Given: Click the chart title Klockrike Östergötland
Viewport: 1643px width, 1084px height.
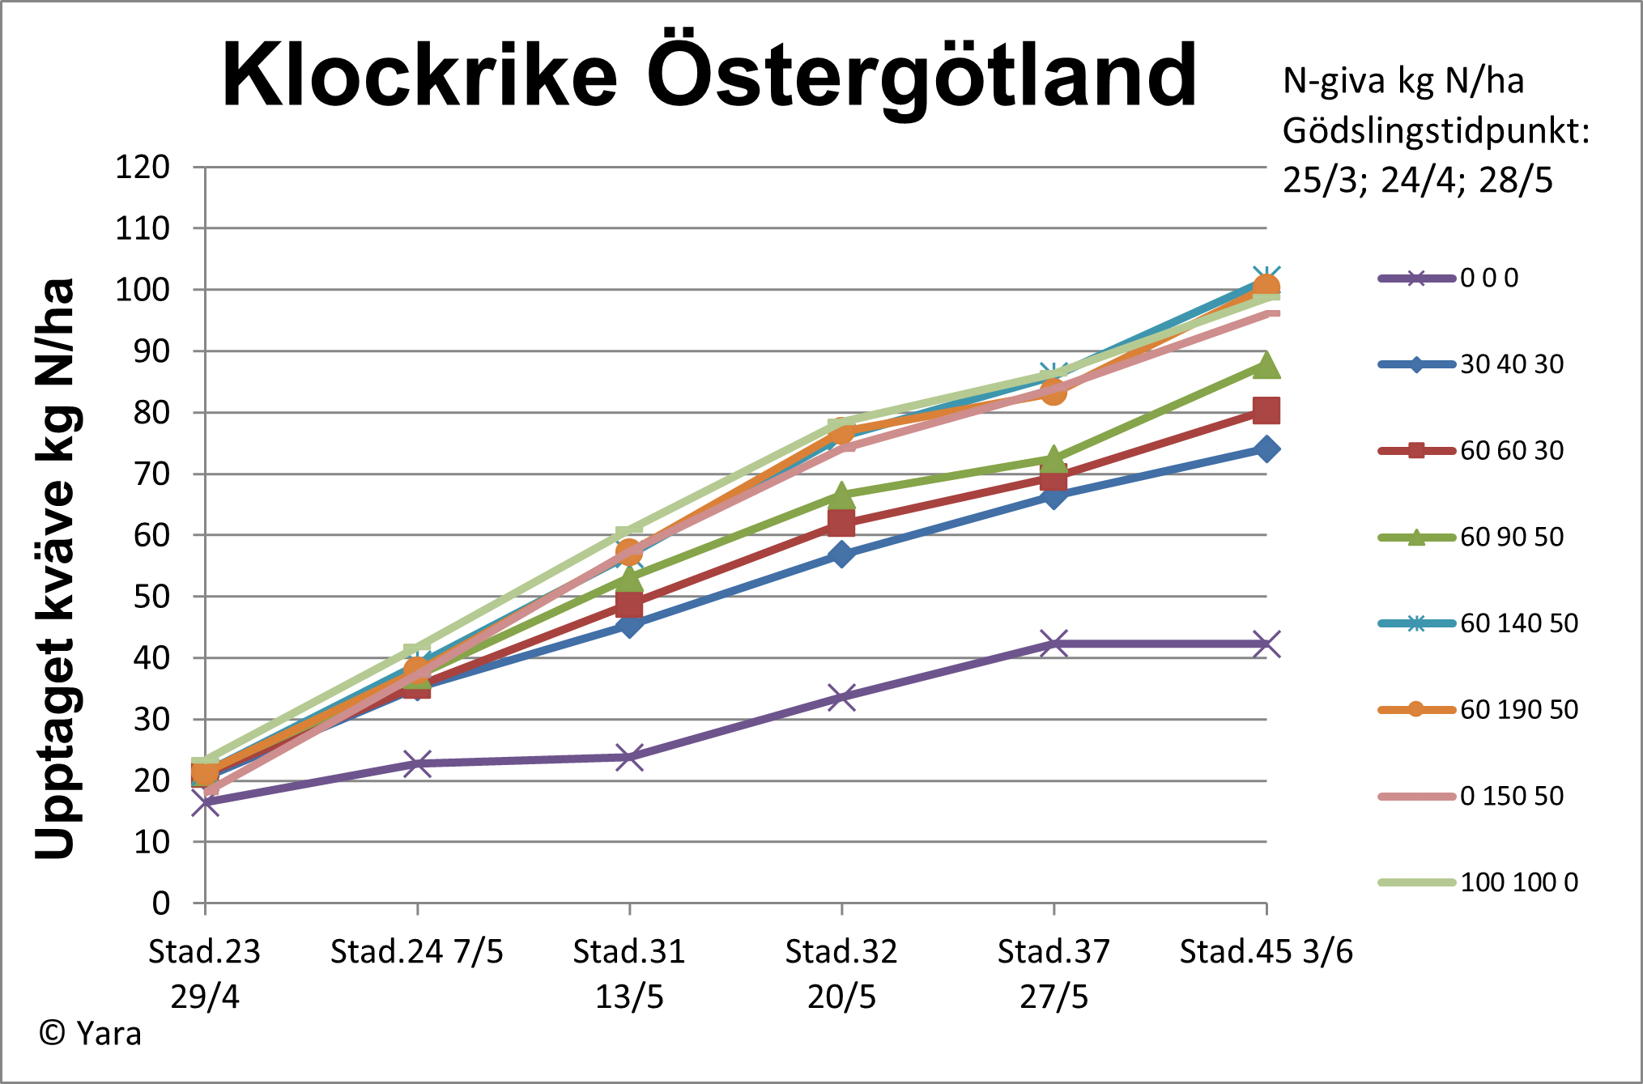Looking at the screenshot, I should [x=709, y=74].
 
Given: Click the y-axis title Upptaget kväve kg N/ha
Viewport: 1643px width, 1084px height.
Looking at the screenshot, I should [x=55, y=568].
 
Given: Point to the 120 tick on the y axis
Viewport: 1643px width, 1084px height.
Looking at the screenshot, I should [x=143, y=167].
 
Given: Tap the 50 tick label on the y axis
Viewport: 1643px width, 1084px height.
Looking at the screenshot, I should [x=151, y=597].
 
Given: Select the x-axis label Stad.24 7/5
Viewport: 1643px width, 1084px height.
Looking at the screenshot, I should [x=416, y=951].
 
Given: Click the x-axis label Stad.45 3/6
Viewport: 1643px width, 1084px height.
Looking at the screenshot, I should [x=1266, y=951].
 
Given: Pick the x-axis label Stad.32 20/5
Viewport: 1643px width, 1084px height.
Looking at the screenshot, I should [x=841, y=973].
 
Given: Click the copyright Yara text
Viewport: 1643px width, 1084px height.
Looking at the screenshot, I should [x=91, y=1034].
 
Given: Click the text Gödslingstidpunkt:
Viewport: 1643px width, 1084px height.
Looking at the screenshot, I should [x=1436, y=131].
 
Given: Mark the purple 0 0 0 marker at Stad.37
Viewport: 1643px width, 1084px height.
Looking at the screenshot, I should [x=1053, y=644].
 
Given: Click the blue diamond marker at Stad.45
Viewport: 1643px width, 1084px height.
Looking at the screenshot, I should [x=1266, y=448].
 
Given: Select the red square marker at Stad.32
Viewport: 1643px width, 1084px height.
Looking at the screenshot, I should [x=841, y=523].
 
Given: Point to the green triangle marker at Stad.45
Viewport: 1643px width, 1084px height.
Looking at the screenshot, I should [x=1266, y=366].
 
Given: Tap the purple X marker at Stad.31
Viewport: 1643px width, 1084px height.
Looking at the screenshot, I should [x=629, y=758].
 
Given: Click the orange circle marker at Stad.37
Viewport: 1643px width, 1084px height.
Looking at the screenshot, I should [x=1053, y=392].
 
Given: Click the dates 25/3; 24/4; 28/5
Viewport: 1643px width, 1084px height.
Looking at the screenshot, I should [x=1417, y=180].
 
